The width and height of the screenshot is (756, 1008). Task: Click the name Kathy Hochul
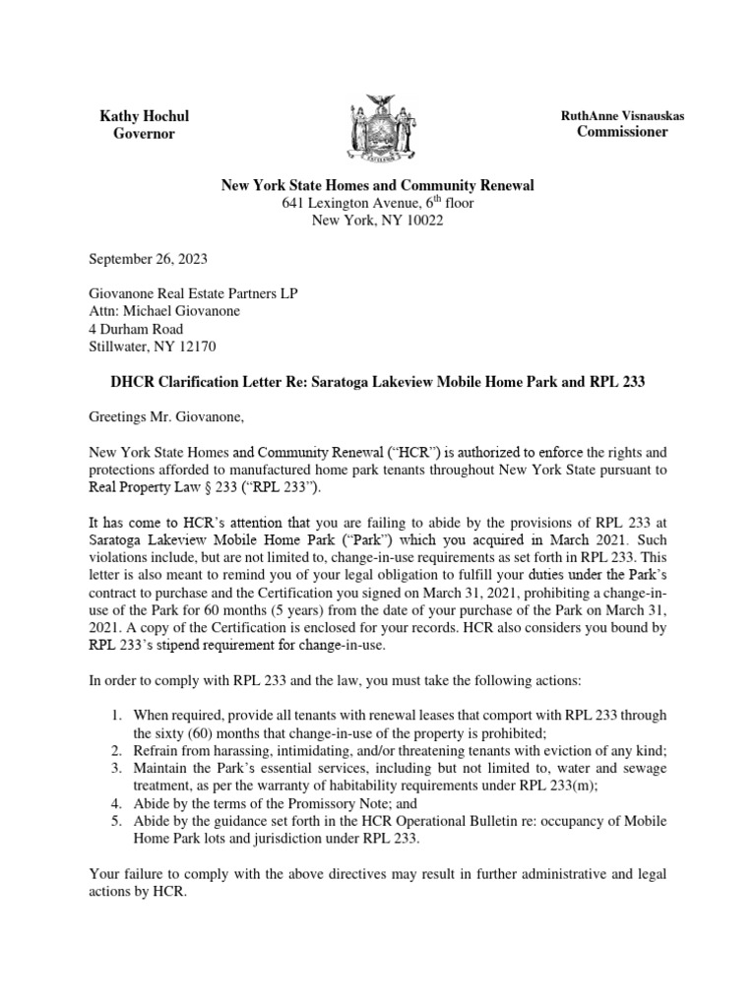(x=145, y=116)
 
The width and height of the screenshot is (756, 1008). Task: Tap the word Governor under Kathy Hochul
(x=145, y=134)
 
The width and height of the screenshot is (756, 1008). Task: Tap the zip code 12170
(x=194, y=346)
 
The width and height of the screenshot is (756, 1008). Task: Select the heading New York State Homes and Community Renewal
(x=377, y=185)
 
